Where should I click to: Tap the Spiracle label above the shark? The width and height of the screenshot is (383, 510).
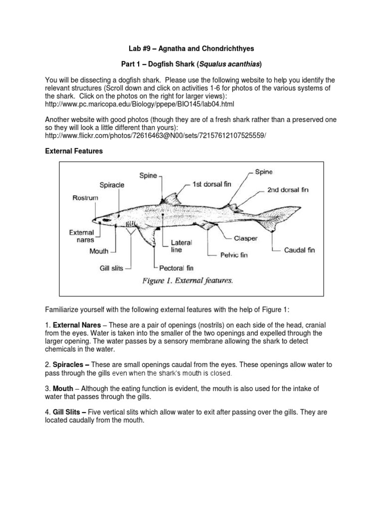tap(112, 185)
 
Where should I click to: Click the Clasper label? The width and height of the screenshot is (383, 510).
tap(246, 239)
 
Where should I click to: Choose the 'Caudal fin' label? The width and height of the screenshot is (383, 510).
tap(299, 250)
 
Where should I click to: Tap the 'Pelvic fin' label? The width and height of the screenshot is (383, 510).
tap(234, 255)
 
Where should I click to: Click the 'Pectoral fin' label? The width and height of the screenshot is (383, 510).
tap(176, 268)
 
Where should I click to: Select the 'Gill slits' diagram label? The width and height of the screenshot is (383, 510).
tap(111, 268)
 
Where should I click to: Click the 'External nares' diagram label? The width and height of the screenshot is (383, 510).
tap(82, 236)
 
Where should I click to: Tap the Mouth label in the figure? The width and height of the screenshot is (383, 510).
tap(99, 252)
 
